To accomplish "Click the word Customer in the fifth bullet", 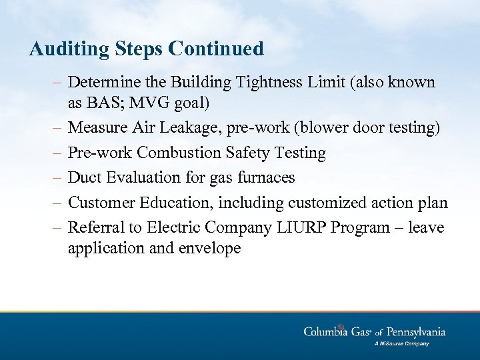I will pyautogui.click(x=100, y=203).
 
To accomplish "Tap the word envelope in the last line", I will pyautogui.click(x=206, y=249).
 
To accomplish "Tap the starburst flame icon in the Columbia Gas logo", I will pyautogui.click(x=341, y=327).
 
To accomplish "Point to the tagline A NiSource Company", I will pyautogui.click(x=401, y=344).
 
